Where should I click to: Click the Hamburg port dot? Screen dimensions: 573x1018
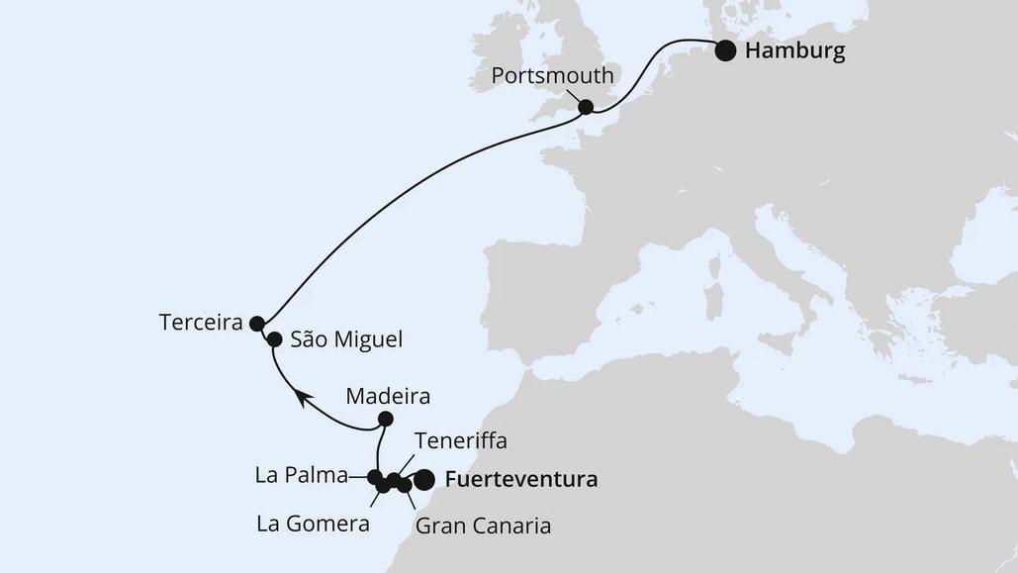click(x=726, y=50)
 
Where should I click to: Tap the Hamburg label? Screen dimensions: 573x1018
click(x=796, y=51)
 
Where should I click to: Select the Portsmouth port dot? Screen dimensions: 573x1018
click(x=586, y=107)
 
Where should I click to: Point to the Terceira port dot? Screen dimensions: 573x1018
click(x=257, y=323)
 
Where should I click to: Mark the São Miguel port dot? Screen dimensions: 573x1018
click(x=274, y=339)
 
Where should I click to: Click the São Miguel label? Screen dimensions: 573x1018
click(x=347, y=339)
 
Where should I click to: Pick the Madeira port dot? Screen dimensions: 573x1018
click(x=386, y=419)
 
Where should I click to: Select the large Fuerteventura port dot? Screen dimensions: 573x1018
click(x=424, y=480)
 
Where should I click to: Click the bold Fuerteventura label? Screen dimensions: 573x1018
click(x=521, y=481)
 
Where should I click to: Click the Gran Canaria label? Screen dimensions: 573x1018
click(x=483, y=525)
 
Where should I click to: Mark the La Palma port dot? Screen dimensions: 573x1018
click(x=375, y=477)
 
